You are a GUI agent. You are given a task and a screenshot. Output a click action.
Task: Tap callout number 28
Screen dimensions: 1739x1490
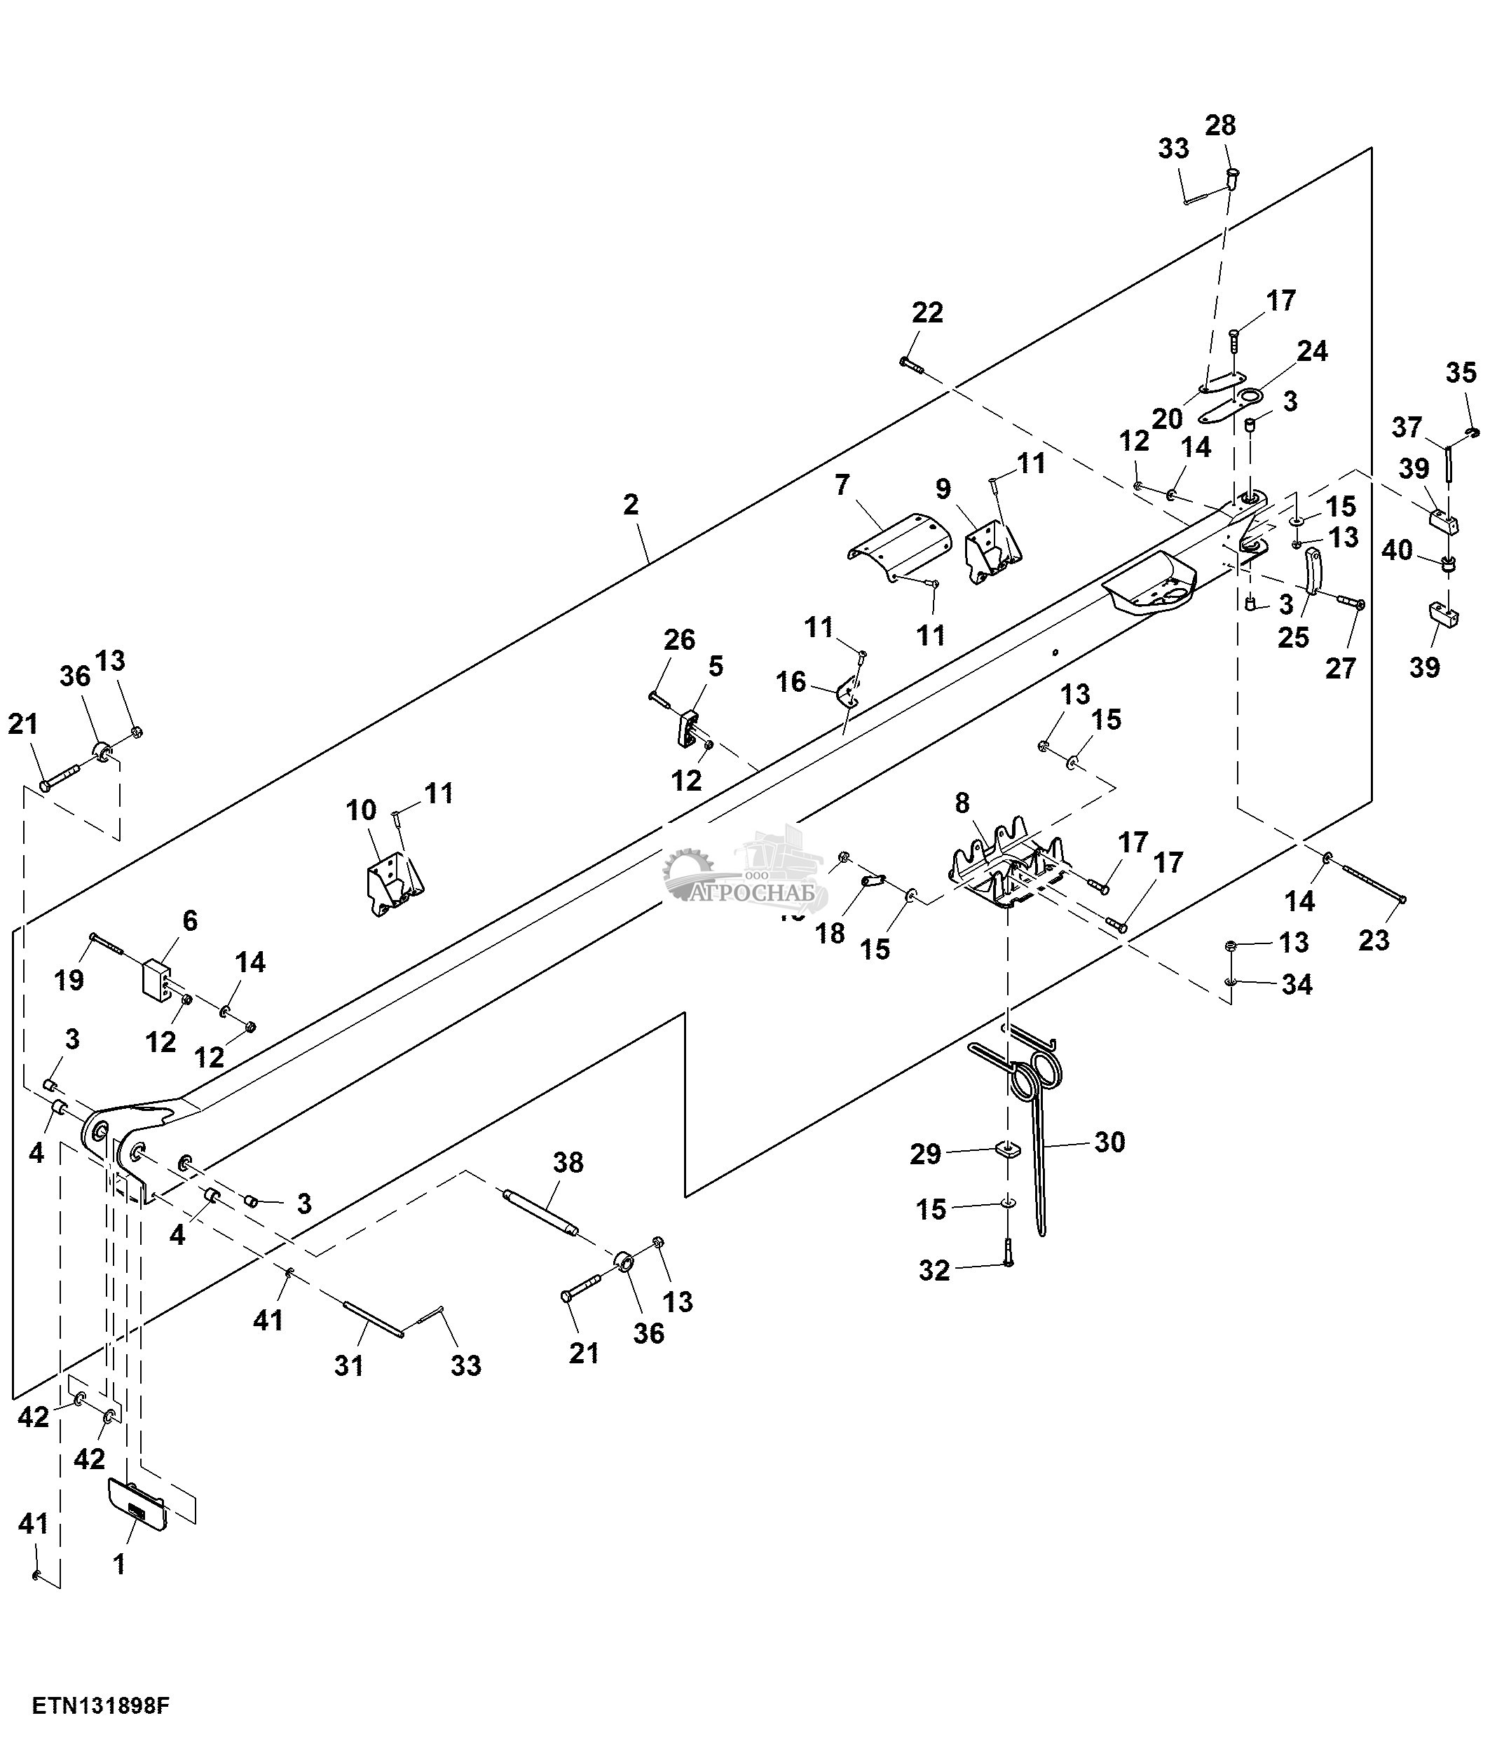pyautogui.click(x=1220, y=126)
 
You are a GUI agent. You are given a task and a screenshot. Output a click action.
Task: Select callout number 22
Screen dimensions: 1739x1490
pyautogui.click(x=927, y=313)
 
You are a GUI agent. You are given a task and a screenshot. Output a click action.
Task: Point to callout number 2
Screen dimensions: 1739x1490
pyautogui.click(x=631, y=505)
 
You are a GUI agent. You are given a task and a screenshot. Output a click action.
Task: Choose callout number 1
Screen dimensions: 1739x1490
pyautogui.click(x=119, y=1564)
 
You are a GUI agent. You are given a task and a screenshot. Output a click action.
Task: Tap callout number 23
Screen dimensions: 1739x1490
pyautogui.click(x=1374, y=940)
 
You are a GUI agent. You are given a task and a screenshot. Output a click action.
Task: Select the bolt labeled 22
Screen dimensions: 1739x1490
pyautogui.click(x=910, y=364)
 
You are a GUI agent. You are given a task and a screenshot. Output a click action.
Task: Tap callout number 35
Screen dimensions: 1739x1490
pyautogui.click(x=1461, y=373)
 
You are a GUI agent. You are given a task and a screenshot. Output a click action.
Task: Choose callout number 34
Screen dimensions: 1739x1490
pyautogui.click(x=1296, y=985)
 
